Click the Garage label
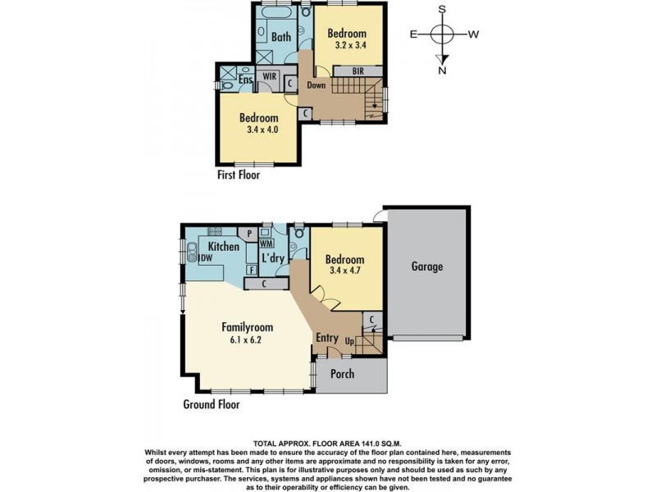[x=426, y=266]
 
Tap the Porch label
[x=342, y=374]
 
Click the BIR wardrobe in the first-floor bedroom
[x=358, y=71]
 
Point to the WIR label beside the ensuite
[x=270, y=75]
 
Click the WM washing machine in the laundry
[x=266, y=243]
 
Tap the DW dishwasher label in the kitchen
[x=207, y=258]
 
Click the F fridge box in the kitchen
[x=252, y=271]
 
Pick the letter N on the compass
[x=442, y=71]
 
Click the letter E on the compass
[x=413, y=34]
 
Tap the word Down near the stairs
[x=317, y=85]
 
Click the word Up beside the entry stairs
[x=349, y=341]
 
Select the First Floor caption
[x=239, y=175]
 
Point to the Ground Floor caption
[x=212, y=404]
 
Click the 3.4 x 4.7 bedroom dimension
[x=345, y=271]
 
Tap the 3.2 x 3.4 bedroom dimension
[x=351, y=45]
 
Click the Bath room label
[x=281, y=37]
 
